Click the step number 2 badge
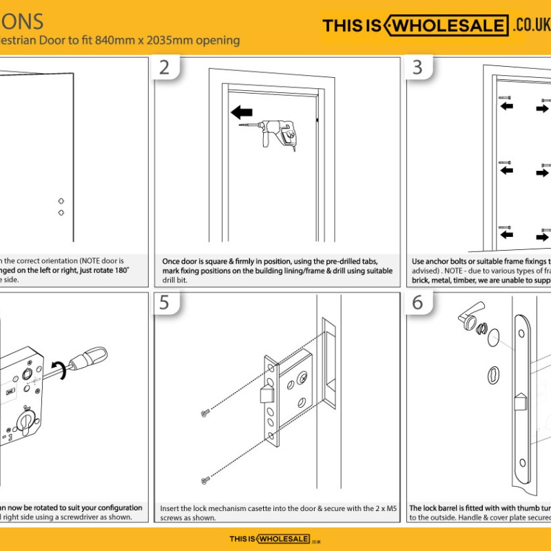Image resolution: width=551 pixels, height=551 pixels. click(x=165, y=67)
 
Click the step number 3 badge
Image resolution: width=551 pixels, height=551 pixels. click(x=417, y=67)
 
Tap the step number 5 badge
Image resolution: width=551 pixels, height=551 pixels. click(x=165, y=303)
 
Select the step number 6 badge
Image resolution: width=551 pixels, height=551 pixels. click(x=417, y=303)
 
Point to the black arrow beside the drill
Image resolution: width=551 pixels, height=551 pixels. click(x=241, y=112)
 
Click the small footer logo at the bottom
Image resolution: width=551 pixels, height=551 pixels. click(x=275, y=539)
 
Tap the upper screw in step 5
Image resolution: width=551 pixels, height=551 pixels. click(x=204, y=413)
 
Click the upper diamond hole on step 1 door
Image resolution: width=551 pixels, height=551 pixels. click(x=61, y=200)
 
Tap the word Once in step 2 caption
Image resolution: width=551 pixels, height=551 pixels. click(x=172, y=262)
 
